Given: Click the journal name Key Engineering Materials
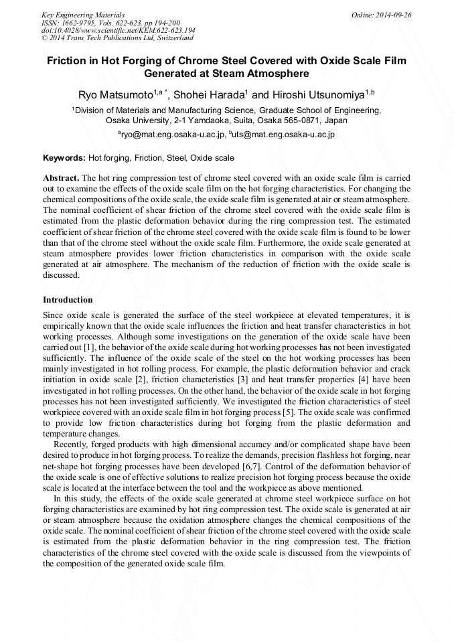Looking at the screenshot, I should pyautogui.click(x=83, y=14).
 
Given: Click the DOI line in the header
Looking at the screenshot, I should pyautogui.click(x=118, y=30).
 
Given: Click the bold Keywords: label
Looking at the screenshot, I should pyautogui.click(x=64, y=158).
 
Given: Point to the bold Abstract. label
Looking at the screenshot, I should pyautogui.click(x=61, y=179).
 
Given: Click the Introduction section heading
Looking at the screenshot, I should pyautogui.click(x=68, y=299).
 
